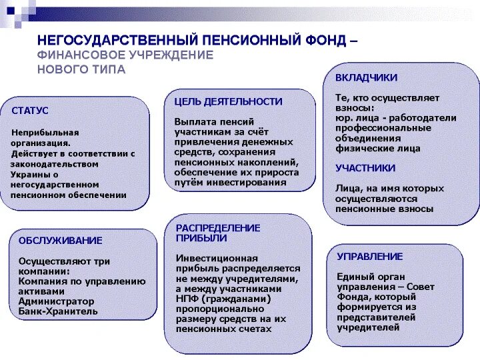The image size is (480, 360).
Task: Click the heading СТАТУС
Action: click(x=30, y=111)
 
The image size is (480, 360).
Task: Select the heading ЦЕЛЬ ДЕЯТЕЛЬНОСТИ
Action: click(x=228, y=101)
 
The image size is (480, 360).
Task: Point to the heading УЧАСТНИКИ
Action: click(x=365, y=168)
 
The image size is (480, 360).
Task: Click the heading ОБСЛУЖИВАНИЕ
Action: click(x=60, y=240)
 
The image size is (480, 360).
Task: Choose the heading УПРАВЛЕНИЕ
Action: click(x=369, y=256)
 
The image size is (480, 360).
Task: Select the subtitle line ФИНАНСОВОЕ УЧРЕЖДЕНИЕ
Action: click(x=125, y=55)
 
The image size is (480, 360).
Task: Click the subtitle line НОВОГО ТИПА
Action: click(x=81, y=69)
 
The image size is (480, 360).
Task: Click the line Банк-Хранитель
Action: click(x=58, y=311)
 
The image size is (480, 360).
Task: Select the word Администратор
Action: click(x=57, y=301)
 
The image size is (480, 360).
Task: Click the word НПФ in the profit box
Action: click(x=189, y=299)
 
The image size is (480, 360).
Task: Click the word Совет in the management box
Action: click(x=419, y=287)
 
